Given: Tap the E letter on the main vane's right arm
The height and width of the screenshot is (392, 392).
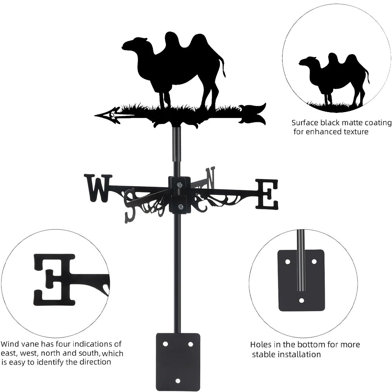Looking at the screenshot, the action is pos(267,194).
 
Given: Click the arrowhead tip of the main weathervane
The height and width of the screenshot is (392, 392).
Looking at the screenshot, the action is pos(95,116).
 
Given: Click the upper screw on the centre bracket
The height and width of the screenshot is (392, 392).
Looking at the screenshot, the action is pos(179,185).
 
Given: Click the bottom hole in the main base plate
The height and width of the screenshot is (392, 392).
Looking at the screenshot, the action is pos(178,381).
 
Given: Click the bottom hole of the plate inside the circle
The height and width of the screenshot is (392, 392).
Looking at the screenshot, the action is pos(302,300).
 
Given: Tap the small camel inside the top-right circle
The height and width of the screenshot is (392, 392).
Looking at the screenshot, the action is pos(334,80).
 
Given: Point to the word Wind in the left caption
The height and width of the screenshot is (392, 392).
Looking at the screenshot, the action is pos(10,344).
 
